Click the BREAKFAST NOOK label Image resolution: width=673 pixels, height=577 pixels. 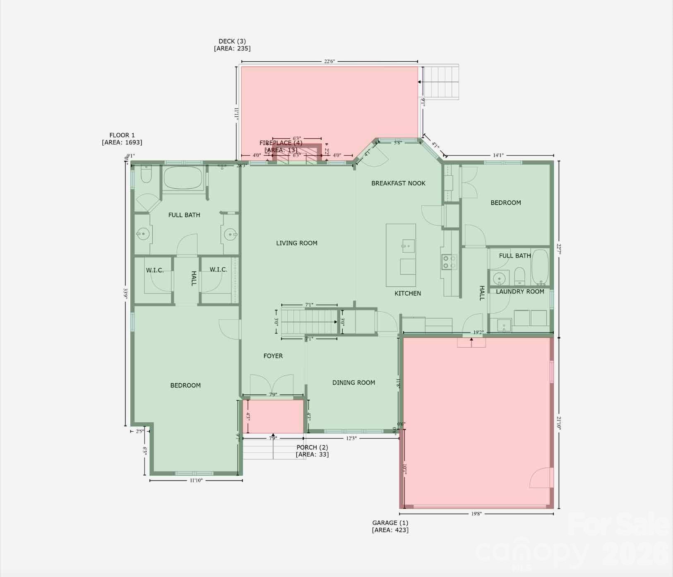(398, 183)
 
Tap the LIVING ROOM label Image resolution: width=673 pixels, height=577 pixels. (297, 243)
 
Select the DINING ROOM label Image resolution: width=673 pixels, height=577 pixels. (353, 382)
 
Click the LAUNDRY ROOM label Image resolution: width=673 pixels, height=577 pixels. (520, 291)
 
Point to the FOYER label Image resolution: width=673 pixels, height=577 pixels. (273, 356)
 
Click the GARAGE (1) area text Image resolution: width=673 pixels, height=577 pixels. (390, 526)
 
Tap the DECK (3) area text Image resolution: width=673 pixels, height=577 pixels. (232, 45)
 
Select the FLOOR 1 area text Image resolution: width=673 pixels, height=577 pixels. (122, 139)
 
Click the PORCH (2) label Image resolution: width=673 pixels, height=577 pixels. (312, 450)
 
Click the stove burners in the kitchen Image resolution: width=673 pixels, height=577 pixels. (449, 262)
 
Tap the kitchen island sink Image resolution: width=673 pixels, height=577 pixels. (408, 246)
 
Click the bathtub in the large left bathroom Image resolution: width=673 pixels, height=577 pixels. (183, 178)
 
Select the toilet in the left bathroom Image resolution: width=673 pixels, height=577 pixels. (146, 175)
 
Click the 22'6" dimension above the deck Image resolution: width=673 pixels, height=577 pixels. (329, 61)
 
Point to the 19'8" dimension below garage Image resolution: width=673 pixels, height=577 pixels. (476, 514)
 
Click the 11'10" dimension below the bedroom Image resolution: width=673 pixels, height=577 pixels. (196, 481)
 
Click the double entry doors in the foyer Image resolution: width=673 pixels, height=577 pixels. (272, 385)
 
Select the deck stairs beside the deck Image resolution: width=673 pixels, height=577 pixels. (441, 82)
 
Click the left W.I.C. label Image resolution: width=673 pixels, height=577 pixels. (155, 270)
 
